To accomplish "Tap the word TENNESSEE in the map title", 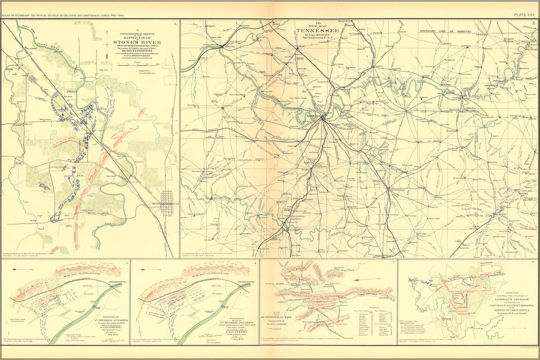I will pyautogui.click(x=318, y=31).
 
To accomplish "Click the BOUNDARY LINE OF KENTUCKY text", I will pyautogui.click(x=445, y=31).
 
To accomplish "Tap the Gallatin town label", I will pyautogui.click(x=379, y=66).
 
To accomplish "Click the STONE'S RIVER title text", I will pyautogui.click(x=137, y=42).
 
